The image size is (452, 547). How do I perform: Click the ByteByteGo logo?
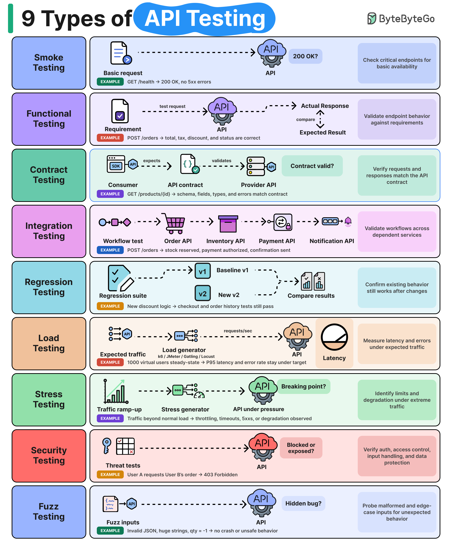click(x=401, y=18)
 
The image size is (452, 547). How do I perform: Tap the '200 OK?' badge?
click(x=305, y=56)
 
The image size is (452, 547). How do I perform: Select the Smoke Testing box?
click(x=49, y=63)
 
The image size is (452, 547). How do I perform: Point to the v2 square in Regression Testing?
click(x=203, y=293)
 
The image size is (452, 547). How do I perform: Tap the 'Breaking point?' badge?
click(x=304, y=386)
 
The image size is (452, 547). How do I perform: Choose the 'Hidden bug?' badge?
click(x=303, y=503)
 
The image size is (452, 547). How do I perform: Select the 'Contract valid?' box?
click(x=312, y=166)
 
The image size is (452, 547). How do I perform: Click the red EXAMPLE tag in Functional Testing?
click(x=110, y=138)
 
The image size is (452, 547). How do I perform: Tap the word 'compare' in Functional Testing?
click(x=306, y=120)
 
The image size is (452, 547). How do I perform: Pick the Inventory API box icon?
click(x=228, y=224)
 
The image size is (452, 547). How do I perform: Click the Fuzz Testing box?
click(x=49, y=512)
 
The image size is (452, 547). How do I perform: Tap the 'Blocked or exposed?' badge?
click(x=301, y=448)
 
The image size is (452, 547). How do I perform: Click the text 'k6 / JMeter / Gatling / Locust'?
click(x=186, y=356)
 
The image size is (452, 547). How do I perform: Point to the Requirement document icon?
click(x=120, y=111)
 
